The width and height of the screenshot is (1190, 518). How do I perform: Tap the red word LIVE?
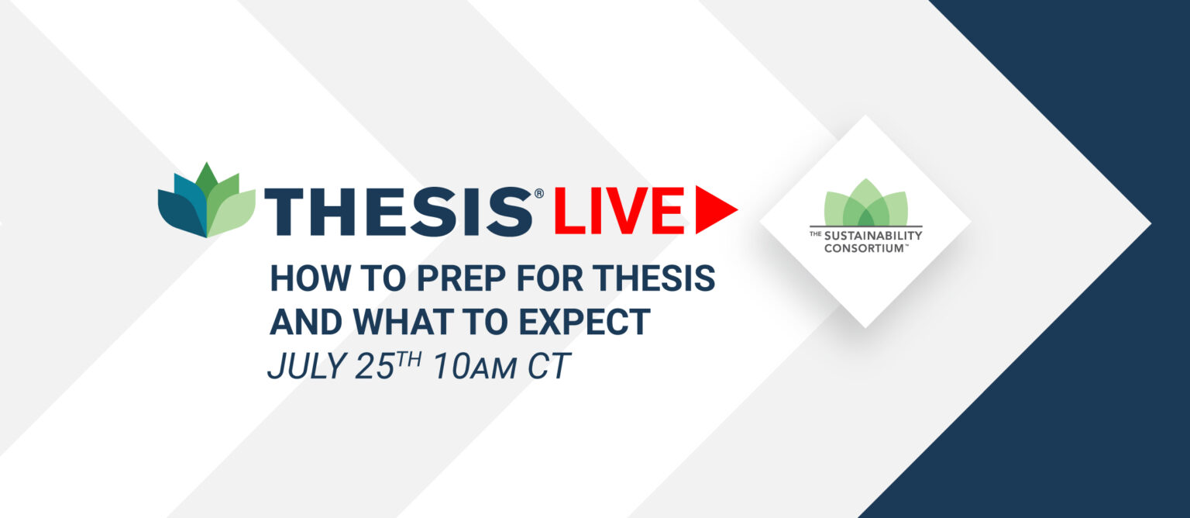click(x=619, y=211)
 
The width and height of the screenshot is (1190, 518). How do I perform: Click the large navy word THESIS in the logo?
click(x=398, y=211)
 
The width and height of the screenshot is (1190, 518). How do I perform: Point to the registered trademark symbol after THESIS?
click(x=538, y=193)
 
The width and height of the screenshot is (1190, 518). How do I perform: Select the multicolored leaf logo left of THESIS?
click(x=207, y=200)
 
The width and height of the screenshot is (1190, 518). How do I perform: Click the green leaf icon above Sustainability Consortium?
click(x=866, y=202)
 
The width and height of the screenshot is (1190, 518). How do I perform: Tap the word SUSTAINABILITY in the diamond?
click(x=873, y=235)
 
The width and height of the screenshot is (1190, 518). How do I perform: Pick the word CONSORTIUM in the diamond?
click(x=863, y=248)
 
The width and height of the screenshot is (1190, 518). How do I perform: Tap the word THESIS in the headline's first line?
click(x=654, y=278)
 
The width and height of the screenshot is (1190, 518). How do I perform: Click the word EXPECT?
click(x=584, y=322)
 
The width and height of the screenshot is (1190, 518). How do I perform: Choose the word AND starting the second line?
click(x=306, y=322)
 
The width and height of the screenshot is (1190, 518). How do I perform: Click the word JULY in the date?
click(x=307, y=366)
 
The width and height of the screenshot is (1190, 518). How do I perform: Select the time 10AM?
click(x=475, y=366)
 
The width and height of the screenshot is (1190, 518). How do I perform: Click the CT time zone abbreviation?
click(x=549, y=366)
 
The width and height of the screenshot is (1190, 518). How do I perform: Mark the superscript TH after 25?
click(x=409, y=360)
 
